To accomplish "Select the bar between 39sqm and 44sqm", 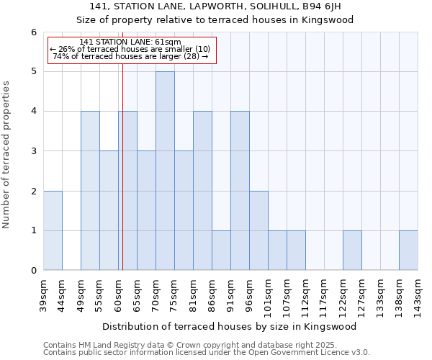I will coord(53,230).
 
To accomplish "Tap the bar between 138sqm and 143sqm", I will coord(408,251).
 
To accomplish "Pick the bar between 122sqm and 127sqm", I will coord(352,251).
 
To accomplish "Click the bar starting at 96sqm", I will coord(258,230).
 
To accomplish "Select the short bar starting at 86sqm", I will coord(221,251).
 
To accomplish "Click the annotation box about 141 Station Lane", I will coord(131,50).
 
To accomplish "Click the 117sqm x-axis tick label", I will coord(324,296).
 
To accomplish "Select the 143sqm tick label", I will coord(418,296).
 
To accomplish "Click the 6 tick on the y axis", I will coord(33,32).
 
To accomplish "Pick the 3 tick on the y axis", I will coord(33,151).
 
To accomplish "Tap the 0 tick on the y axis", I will coord(33,271).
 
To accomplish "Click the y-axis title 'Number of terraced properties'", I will coord(8,154).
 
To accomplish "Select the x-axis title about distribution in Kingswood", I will coord(230,326).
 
